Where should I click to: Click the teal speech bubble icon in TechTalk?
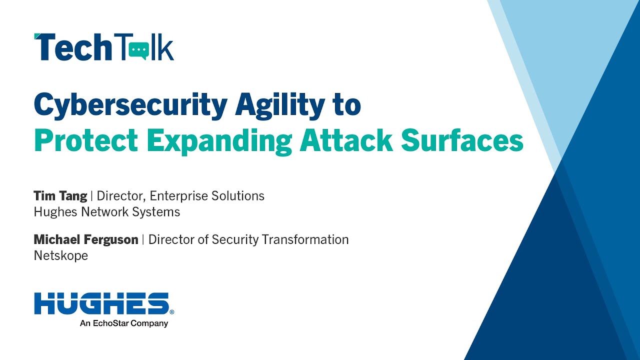coord(139,51)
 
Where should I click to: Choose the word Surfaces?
coord(462,140)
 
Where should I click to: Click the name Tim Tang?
coord(60,196)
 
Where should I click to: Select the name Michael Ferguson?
coord(86,239)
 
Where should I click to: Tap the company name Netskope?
coord(61,255)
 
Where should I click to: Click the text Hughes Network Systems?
coord(107,212)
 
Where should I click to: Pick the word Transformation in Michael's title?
coord(305,239)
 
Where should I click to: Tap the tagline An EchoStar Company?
coord(124,323)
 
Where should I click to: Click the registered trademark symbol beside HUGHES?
coord(172,312)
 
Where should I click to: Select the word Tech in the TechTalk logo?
coord(72,47)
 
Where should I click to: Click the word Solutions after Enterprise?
coord(237,196)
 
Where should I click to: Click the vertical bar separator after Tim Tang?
coord(91,196)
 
